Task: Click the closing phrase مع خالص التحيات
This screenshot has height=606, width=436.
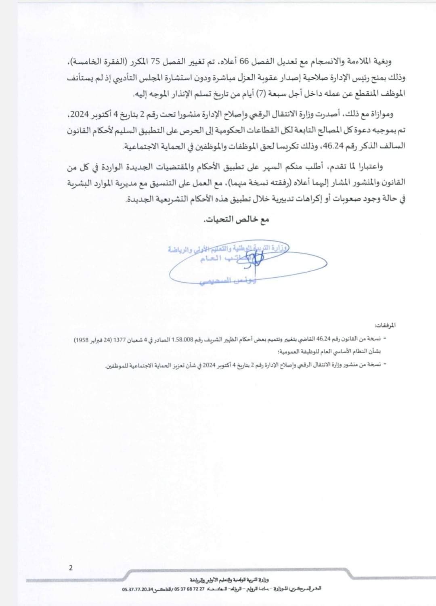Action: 235,220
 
